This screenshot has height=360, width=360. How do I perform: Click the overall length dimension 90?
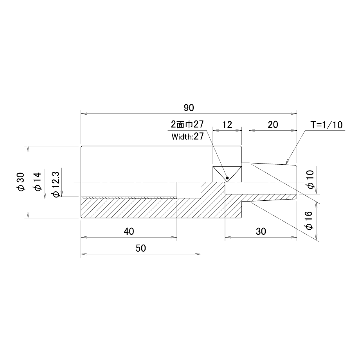[x=189, y=108]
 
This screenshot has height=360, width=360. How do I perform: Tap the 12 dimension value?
[x=227, y=125]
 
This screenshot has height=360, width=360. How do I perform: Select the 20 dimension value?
[x=273, y=125]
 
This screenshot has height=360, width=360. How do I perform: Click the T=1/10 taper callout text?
[x=326, y=125]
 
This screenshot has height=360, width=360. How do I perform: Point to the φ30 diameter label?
[x=21, y=182]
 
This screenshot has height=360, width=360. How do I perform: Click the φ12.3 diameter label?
[x=56, y=184]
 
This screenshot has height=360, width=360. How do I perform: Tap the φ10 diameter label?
[x=310, y=180]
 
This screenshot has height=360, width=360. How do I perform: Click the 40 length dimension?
[x=129, y=231]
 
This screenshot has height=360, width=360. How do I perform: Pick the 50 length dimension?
[x=141, y=248]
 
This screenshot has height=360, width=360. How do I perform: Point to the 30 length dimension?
[x=261, y=231]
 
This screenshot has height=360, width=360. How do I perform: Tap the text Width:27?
[x=187, y=137]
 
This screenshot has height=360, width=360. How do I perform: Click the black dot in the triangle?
[x=227, y=178]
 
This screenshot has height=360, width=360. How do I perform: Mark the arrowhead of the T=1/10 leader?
[x=287, y=162]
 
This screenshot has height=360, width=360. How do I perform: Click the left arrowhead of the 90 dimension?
[x=83, y=113]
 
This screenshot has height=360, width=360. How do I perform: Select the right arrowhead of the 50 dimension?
[x=198, y=254]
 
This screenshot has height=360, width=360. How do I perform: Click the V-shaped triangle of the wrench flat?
[x=227, y=174]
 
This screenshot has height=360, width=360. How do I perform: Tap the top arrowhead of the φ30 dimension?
[x=28, y=149]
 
